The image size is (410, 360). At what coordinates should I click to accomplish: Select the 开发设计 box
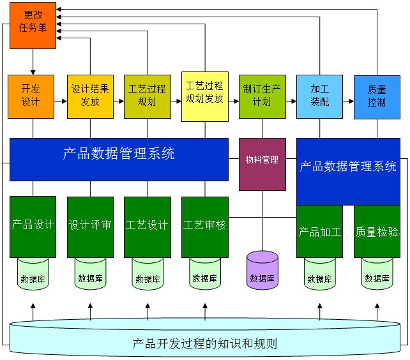(x=31, y=96)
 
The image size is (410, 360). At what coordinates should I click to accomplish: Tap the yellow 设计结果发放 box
(x=90, y=96)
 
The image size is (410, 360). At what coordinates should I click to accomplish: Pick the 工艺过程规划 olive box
(x=147, y=96)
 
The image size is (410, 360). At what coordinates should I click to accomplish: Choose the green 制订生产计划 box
(x=262, y=96)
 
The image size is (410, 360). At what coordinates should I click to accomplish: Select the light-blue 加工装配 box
(x=319, y=96)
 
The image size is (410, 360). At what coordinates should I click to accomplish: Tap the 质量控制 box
(x=377, y=96)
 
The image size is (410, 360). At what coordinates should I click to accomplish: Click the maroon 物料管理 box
(x=262, y=163)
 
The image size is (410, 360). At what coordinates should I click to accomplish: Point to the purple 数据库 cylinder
(x=262, y=270)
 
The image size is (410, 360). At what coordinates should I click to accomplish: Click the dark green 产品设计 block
(x=33, y=225)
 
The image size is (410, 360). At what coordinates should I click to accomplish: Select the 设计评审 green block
(x=90, y=225)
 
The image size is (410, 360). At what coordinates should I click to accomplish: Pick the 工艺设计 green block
(x=148, y=225)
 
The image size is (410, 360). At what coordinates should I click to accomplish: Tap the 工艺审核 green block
(x=205, y=225)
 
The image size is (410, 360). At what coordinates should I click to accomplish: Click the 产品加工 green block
(x=320, y=230)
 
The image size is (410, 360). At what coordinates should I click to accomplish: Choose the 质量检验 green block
(x=377, y=230)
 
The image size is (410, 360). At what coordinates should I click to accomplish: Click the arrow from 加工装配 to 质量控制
(x=348, y=101)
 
